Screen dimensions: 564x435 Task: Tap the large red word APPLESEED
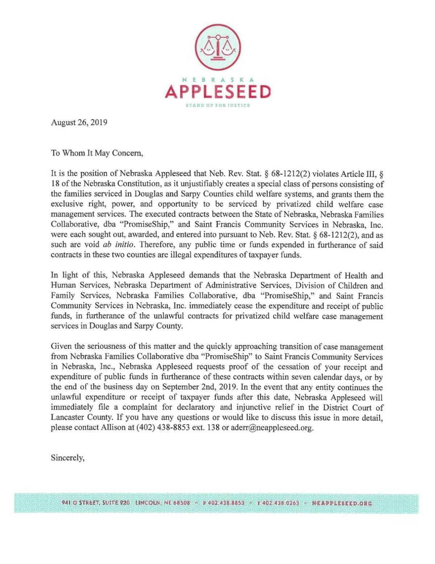coord(217,91)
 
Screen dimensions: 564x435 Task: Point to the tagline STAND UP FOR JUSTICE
coord(217,106)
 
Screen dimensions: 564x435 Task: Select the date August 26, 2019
coord(79,122)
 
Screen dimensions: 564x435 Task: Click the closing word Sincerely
coord(68,458)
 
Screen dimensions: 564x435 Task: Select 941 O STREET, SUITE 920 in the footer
coord(96,503)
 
